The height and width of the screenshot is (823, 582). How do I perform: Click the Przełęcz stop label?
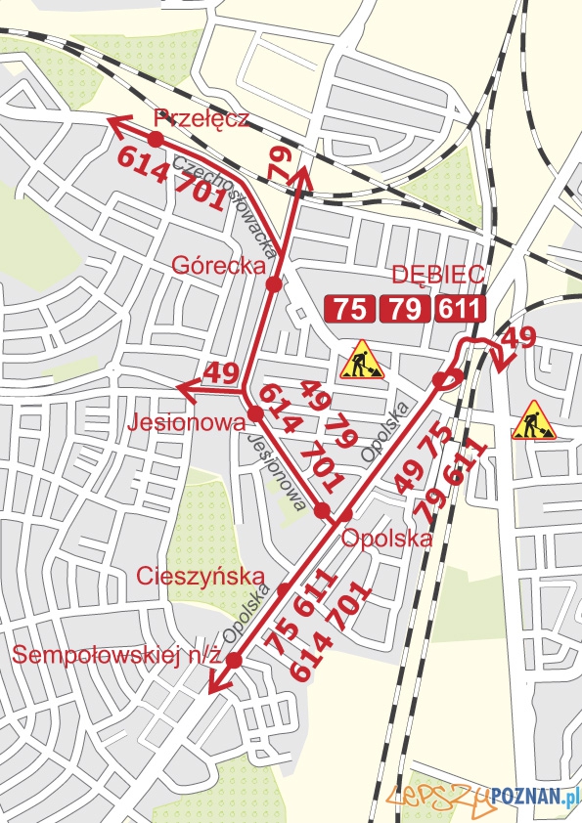pos(201,119)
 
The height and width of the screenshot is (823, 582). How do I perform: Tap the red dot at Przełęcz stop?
pos(156,139)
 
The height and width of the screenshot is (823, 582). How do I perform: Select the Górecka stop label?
pos(220,265)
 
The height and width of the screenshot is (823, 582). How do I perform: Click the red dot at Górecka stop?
pos(274,284)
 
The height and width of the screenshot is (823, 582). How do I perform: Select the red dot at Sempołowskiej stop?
pos(234,661)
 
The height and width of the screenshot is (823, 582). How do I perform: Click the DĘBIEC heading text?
pos(438,276)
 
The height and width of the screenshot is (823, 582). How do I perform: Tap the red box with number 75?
pos(350,310)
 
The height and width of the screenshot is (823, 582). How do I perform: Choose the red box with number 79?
pos(404,310)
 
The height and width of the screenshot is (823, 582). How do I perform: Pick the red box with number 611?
pos(460,310)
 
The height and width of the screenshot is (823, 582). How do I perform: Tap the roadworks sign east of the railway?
pos(533,419)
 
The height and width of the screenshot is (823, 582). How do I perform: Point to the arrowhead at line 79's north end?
pos(303,174)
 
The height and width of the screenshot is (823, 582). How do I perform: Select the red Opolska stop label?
pos(386,538)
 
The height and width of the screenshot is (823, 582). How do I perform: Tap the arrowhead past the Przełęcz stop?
pos(114,122)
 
